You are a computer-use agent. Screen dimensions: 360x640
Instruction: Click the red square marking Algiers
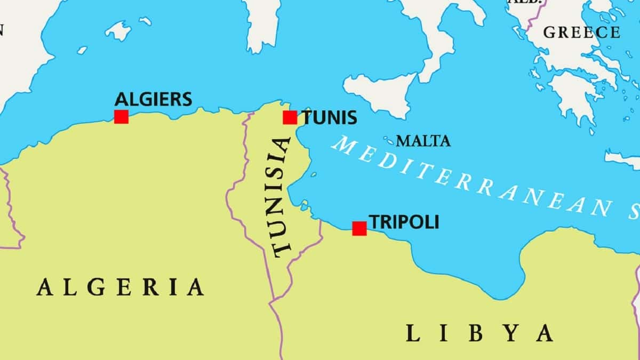click(x=121, y=117)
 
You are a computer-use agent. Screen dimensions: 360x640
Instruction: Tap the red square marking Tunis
click(x=290, y=117)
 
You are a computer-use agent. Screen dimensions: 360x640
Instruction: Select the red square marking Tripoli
click(x=359, y=228)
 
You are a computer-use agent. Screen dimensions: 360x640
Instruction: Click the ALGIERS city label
click(x=153, y=99)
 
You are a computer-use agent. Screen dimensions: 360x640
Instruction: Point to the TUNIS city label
click(x=330, y=117)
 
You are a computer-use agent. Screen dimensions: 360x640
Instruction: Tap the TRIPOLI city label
click(x=404, y=222)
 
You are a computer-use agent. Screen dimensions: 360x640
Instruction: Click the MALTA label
click(x=423, y=141)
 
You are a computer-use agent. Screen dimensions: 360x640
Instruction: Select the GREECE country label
click(x=581, y=32)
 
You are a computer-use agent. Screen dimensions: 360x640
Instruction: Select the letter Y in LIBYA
click(x=511, y=333)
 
